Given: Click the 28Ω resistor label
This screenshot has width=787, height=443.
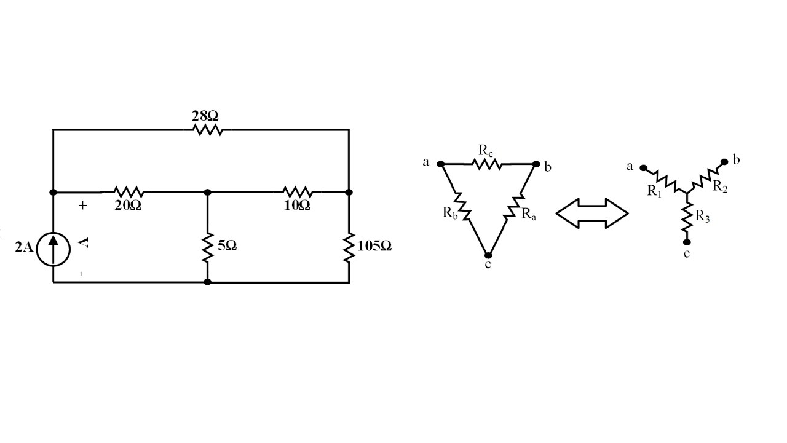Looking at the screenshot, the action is pyautogui.click(x=205, y=116).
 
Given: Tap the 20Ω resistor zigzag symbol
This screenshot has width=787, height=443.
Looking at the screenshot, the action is pyautogui.click(x=129, y=192).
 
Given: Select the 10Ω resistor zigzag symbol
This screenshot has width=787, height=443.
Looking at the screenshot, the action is pyautogui.click(x=297, y=192).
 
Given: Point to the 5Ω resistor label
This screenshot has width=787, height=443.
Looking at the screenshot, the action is pyautogui.click(x=227, y=245).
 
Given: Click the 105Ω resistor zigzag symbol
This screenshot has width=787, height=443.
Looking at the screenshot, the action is pyautogui.click(x=349, y=247).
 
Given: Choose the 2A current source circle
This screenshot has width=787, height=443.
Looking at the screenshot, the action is pyautogui.click(x=53, y=249).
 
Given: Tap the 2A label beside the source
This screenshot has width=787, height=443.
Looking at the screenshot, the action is pyautogui.click(x=24, y=247).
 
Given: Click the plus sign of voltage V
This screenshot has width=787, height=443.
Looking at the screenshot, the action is pyautogui.click(x=82, y=206).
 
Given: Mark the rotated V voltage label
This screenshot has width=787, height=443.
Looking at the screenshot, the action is pyautogui.click(x=84, y=242).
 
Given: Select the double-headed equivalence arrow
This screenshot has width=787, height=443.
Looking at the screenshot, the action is pyautogui.click(x=592, y=214).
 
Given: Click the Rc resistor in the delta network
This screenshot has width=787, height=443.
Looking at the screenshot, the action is pyautogui.click(x=486, y=164).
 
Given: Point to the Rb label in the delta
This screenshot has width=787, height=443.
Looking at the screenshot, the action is pyautogui.click(x=450, y=213).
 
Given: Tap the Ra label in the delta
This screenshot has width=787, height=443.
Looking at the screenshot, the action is pyautogui.click(x=529, y=214).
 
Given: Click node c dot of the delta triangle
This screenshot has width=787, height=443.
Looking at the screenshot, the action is pyautogui.click(x=488, y=255).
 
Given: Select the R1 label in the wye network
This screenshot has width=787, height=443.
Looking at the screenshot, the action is pyautogui.click(x=655, y=191).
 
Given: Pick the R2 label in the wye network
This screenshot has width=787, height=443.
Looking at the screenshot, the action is pyautogui.click(x=720, y=186).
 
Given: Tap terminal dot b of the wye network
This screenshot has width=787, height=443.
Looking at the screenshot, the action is pyautogui.click(x=724, y=162).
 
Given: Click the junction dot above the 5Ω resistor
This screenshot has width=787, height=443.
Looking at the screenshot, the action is pyautogui.click(x=207, y=193).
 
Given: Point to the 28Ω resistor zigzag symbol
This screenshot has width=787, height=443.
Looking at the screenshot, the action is pyautogui.click(x=208, y=130).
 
